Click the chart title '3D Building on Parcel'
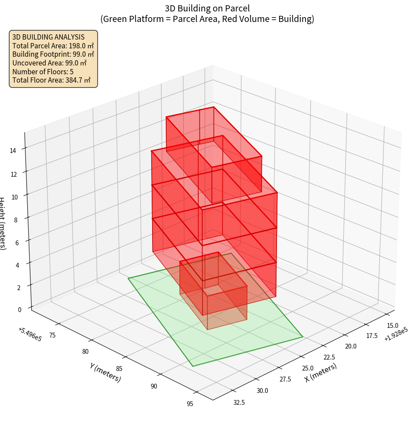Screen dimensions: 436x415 pos(207,8)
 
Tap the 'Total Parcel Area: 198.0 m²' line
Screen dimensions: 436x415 pos(53,46)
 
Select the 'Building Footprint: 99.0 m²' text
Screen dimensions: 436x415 pos(53,54)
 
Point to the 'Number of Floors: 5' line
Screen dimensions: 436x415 pos(43,72)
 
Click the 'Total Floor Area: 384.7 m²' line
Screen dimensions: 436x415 pos(51,80)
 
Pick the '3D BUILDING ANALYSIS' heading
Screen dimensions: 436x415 pos(48,37)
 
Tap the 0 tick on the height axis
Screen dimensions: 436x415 pos(19,309)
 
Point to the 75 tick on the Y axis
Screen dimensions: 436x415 pos(52,335)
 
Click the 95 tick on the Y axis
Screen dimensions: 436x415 pos(189,404)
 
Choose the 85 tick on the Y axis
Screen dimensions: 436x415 pos(119,368)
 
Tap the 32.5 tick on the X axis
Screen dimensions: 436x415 pos(239,402)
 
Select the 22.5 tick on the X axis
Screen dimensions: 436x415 pos(328,357)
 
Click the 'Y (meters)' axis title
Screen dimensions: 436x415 pos(105,372)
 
